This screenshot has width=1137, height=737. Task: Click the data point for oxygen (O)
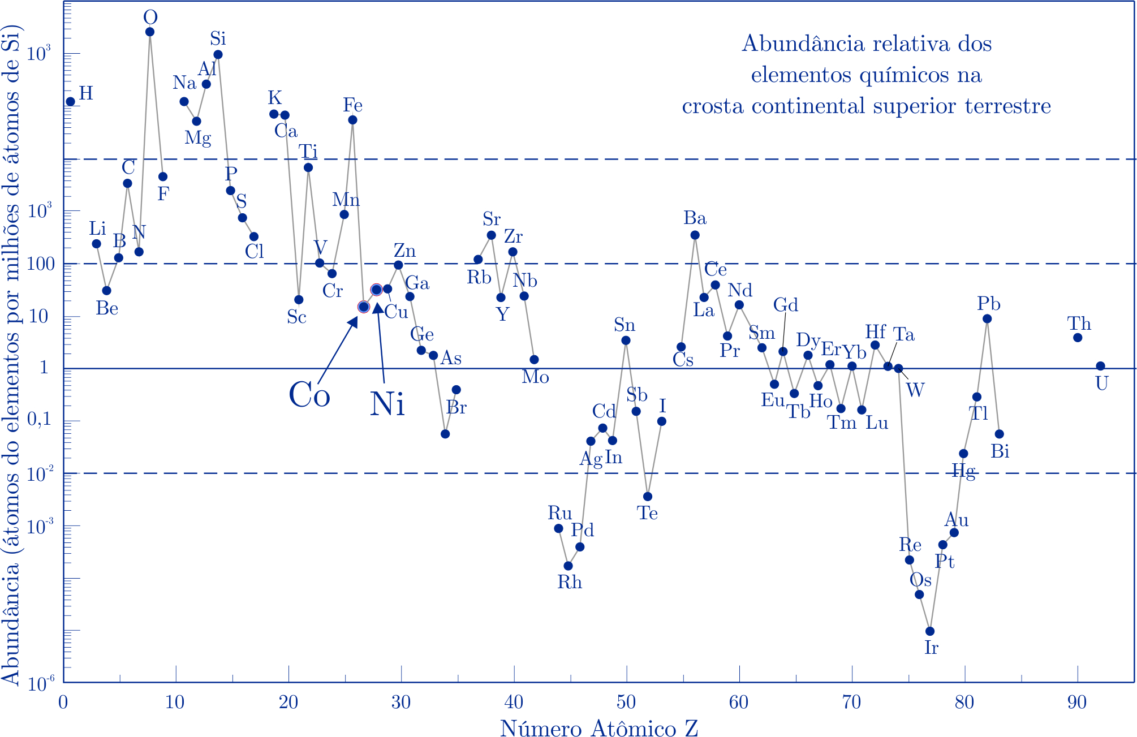point(150,32)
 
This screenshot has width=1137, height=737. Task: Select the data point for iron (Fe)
point(352,120)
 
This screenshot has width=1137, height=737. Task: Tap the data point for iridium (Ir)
point(930,631)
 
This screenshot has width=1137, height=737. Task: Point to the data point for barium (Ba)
point(695,235)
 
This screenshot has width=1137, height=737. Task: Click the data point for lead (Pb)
point(987,319)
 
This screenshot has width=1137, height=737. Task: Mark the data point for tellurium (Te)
point(648,497)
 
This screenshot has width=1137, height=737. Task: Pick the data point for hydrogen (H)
point(71,102)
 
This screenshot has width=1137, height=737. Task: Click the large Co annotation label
point(309,395)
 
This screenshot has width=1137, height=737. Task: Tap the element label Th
point(1079,324)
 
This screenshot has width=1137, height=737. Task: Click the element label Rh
point(570,582)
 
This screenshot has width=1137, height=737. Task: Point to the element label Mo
point(535,377)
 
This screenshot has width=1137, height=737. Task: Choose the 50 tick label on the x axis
point(627,702)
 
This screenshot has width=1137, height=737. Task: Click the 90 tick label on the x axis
point(1077,702)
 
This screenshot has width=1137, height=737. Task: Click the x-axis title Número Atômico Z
point(599,729)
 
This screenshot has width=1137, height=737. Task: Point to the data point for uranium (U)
point(1100,366)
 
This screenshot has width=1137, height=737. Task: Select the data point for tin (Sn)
point(626,341)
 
